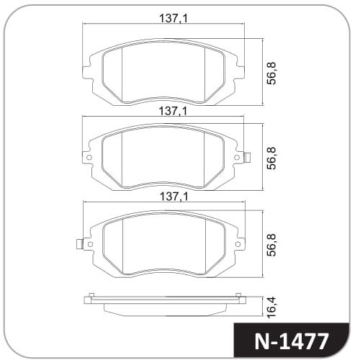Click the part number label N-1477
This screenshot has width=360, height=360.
pos(291,341)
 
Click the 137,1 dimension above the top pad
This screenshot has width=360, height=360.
pos(174,18)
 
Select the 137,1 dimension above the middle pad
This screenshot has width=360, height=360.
pos(173,111)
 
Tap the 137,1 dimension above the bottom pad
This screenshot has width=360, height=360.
pos(174,197)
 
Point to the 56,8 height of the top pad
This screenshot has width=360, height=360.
pos(271,73)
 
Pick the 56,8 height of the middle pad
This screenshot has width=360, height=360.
pos(271,158)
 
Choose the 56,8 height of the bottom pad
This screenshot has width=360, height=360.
pos(271,245)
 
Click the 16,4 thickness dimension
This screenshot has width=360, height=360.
pos(271,307)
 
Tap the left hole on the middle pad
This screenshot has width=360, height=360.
pos(89,158)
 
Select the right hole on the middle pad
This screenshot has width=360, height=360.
pos(237,158)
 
